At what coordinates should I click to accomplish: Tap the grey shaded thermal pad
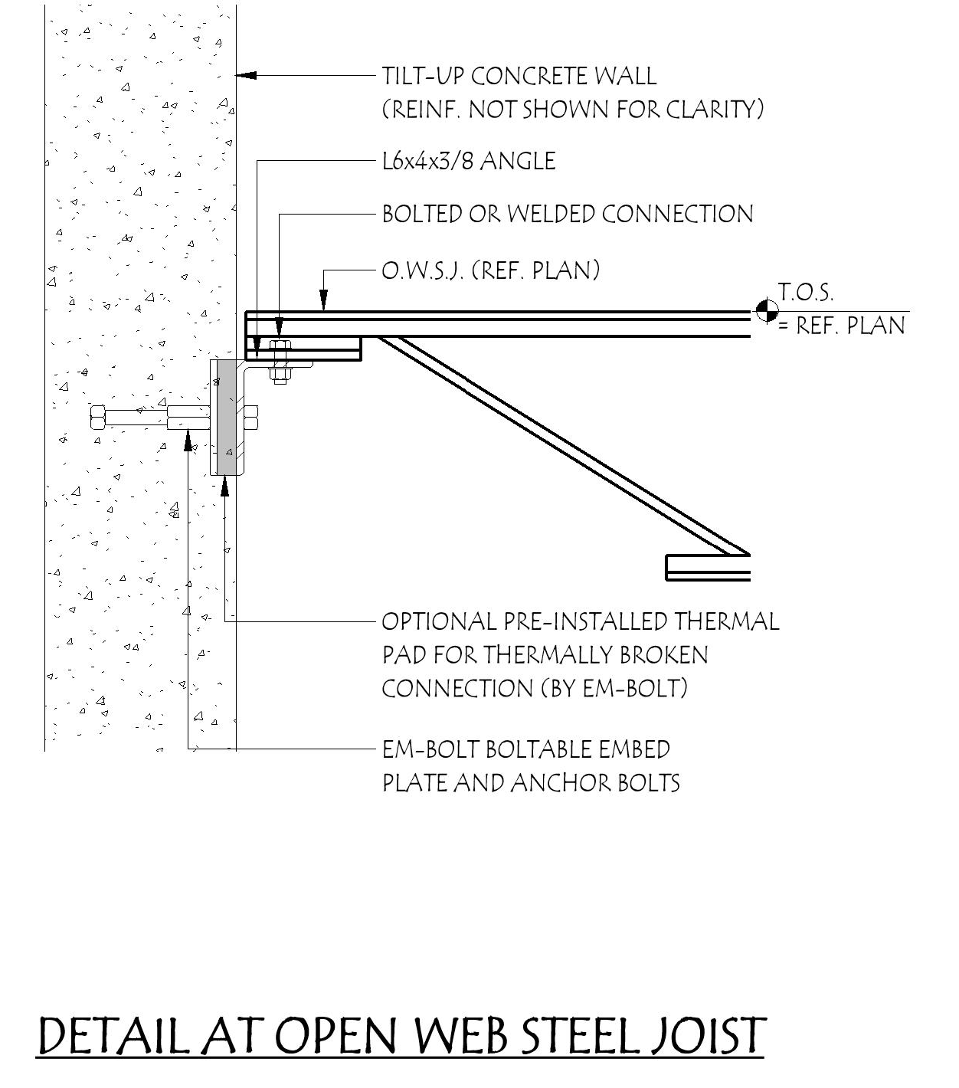(x=227, y=418)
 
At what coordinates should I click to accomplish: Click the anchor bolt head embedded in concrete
(x=97, y=418)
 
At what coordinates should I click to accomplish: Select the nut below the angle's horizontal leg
(x=279, y=375)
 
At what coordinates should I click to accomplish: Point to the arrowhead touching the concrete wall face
(x=244, y=75)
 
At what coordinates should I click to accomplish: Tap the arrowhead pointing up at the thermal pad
(x=224, y=485)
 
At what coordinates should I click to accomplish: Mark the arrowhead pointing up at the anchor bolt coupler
(x=188, y=441)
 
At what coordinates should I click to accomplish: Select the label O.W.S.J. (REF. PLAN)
(x=490, y=270)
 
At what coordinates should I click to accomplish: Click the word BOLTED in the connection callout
(x=423, y=214)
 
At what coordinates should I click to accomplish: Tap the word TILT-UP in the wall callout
(x=423, y=76)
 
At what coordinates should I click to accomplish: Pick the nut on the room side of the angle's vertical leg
(x=250, y=418)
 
